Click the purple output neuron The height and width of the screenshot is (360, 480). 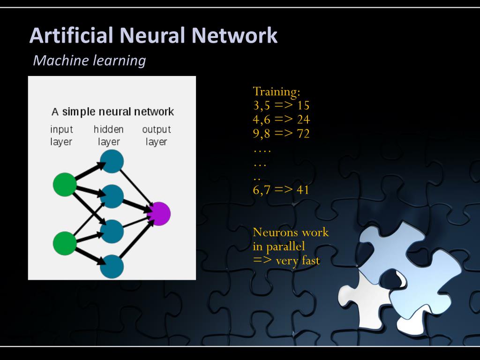coord(158,214)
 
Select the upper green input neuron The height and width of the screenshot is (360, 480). coord(64,184)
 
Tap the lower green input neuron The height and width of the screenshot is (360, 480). coord(64,243)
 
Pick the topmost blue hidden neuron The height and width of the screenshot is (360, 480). coord(112,161)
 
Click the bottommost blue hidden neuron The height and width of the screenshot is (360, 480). coord(112,266)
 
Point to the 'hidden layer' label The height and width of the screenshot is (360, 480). coord(109,135)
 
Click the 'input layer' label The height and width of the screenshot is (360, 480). coord(61,135)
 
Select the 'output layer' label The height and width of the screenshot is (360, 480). coord(157,135)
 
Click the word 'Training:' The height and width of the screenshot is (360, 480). coord(276,91)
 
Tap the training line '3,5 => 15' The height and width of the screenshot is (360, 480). coord(281,105)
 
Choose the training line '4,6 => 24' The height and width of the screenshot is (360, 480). coord(281,120)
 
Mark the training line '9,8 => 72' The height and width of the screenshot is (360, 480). coord(281,134)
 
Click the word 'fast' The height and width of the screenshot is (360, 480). coord(310,261)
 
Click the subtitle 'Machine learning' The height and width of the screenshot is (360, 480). coord(90,60)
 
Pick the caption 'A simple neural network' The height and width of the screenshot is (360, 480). coord(112,112)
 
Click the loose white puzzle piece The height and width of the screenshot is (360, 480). coord(375,300)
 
